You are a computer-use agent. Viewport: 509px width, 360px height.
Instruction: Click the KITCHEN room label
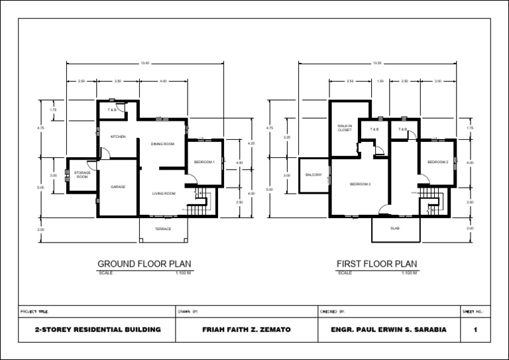[x=118, y=137]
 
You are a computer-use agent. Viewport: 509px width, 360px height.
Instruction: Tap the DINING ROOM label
[x=162, y=143]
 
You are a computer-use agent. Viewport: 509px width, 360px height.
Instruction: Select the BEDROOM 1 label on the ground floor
[x=204, y=162]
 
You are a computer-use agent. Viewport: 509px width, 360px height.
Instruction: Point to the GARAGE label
[x=118, y=187]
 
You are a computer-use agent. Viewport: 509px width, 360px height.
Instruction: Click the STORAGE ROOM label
[x=82, y=175]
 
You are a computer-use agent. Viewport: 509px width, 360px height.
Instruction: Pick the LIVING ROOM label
[x=163, y=194]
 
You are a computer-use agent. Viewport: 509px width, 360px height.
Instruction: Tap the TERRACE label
[x=163, y=229]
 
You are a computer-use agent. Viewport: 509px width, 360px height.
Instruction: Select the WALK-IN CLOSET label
[x=345, y=128]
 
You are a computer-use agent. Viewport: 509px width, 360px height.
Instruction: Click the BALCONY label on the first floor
[x=313, y=175]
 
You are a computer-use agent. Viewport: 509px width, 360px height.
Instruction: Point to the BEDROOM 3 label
[x=360, y=184]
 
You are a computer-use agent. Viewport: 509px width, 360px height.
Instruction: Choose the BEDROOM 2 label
[x=437, y=162]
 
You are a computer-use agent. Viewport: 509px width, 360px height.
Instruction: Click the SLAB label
[x=395, y=229]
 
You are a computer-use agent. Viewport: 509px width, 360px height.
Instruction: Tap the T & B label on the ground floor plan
[x=112, y=109]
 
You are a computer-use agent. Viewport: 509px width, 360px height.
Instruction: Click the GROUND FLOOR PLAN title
[x=144, y=264]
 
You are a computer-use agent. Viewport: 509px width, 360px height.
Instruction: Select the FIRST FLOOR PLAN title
[x=377, y=264]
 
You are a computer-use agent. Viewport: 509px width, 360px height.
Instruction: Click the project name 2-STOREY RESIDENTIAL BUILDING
[x=97, y=330]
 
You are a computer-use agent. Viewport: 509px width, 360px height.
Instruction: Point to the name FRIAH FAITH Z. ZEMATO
[x=247, y=330]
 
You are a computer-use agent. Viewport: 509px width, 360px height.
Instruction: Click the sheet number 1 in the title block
[x=476, y=330]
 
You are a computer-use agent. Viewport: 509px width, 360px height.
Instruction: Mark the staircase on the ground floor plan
[x=198, y=204]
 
